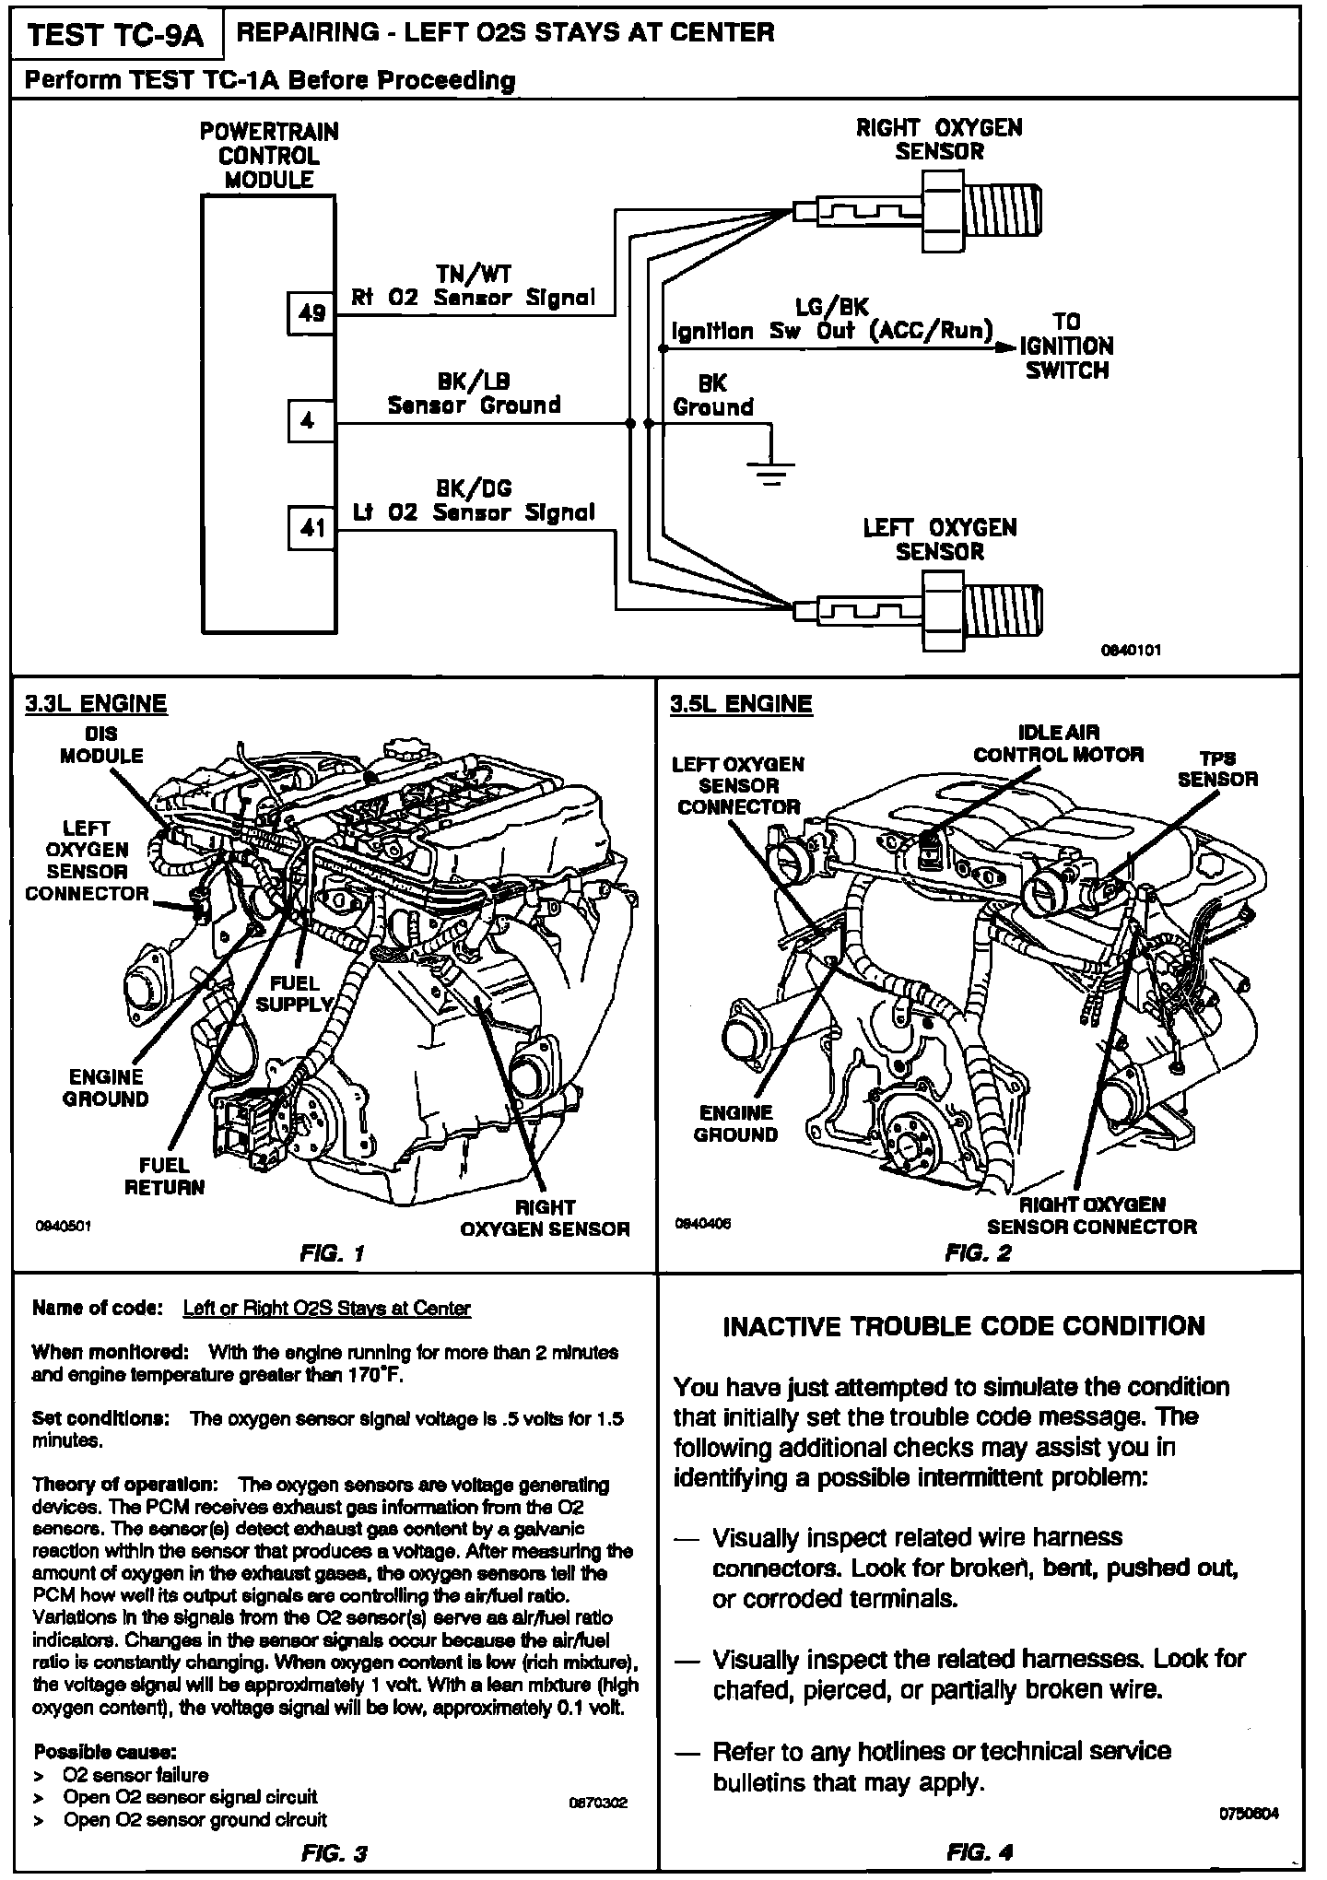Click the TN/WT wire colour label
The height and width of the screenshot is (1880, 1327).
click(x=475, y=275)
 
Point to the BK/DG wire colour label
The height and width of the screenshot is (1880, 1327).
click(x=475, y=488)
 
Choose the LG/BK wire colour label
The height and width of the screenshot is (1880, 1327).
click(x=832, y=307)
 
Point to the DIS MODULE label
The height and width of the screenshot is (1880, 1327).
click(x=101, y=745)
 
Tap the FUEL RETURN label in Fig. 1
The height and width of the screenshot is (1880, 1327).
click(x=164, y=1176)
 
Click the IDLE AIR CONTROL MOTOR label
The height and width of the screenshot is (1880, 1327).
click(x=1058, y=744)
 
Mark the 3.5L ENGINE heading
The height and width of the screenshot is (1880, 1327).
click(x=741, y=705)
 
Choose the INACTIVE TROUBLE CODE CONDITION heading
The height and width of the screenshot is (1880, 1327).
click(x=963, y=1325)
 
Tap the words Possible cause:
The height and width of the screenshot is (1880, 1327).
click(x=105, y=1750)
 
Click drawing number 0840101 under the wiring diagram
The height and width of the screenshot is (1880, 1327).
click(x=1131, y=650)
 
